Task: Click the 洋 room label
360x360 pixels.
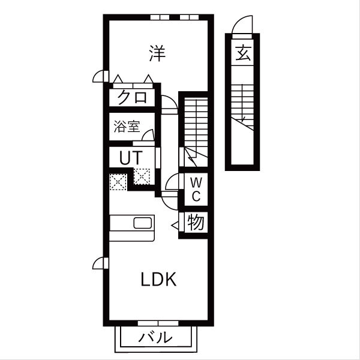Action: point(157,53)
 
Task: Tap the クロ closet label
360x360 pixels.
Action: point(133,97)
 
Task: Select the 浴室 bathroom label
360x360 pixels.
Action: point(127,127)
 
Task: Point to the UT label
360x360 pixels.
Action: point(130,158)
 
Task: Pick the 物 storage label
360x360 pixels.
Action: point(196,223)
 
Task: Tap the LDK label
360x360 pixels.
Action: point(158,280)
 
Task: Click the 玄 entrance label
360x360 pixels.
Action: point(242,55)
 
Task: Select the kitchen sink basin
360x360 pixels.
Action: point(144,223)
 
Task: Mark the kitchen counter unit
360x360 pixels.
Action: point(132,228)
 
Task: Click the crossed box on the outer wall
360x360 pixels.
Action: point(116,181)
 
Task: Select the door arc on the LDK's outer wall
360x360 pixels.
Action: point(100,263)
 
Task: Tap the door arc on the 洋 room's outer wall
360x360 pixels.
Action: point(100,77)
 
